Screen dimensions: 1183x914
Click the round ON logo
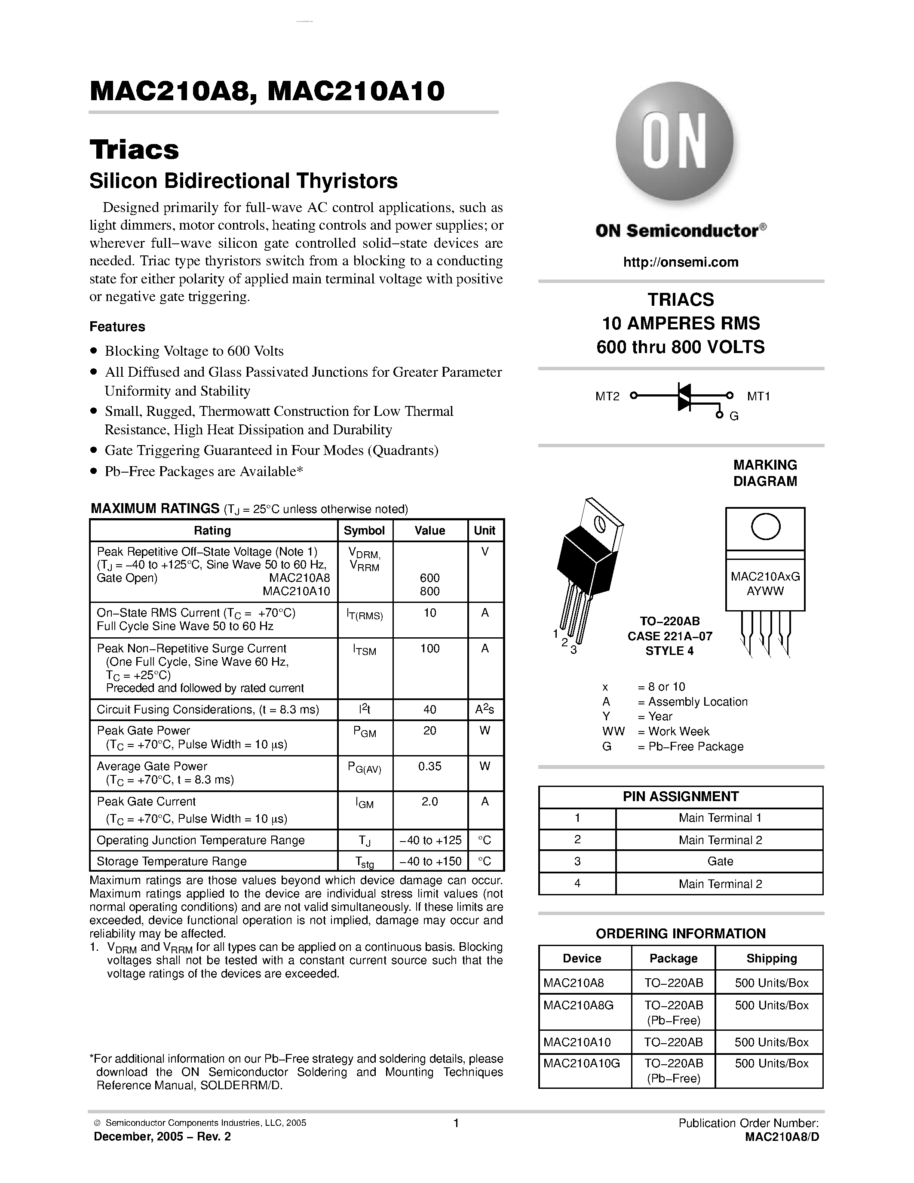click(675, 142)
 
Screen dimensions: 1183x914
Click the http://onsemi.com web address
click(681, 262)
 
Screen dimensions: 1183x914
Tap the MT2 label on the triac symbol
click(607, 396)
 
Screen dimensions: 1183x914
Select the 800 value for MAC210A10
click(429, 591)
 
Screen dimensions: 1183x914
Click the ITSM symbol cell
click(365, 650)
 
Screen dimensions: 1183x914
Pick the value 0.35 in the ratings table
click(429, 766)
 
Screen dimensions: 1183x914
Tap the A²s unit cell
click(485, 710)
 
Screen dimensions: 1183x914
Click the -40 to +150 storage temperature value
click(430, 861)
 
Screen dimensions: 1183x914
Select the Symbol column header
click(365, 530)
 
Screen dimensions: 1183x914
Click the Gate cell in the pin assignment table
click(720, 861)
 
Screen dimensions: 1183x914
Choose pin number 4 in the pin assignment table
click(577, 883)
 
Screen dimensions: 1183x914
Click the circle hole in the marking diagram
click(766, 526)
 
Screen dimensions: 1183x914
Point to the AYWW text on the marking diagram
click(765, 591)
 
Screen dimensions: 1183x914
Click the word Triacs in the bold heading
click(134, 150)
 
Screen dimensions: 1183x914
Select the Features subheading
click(117, 327)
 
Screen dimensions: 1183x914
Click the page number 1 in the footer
click(456, 1123)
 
